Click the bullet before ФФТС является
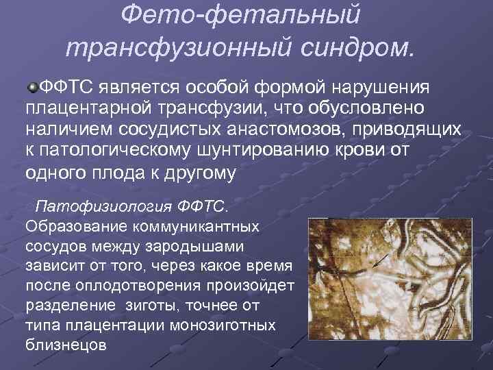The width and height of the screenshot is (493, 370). pyautogui.click(x=33, y=87)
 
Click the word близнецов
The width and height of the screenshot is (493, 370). pyautogui.click(x=65, y=344)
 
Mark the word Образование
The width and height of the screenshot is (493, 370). pyautogui.click(x=76, y=225)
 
